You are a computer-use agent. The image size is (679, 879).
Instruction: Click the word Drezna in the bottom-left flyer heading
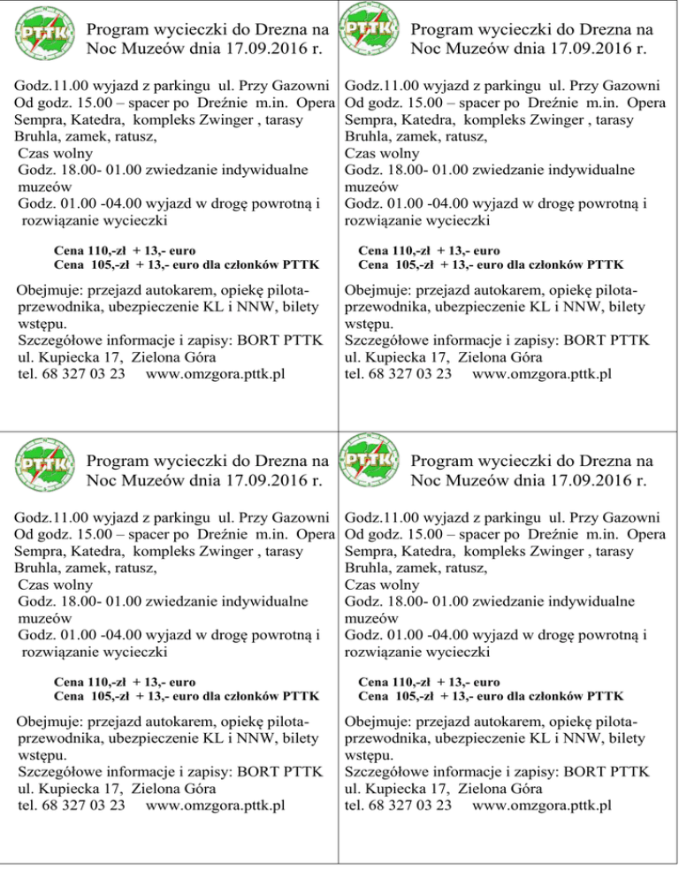(270, 461)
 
